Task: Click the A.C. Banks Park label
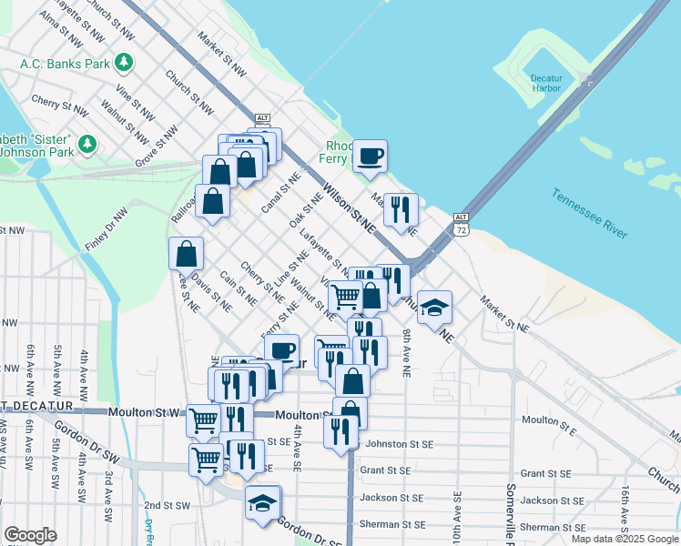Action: pos(65,64)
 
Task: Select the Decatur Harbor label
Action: pos(546,83)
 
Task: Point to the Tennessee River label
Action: pos(588,214)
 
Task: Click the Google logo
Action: pos(30,535)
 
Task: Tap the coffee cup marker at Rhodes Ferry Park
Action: pos(370,157)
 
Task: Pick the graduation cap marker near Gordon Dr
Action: pos(262,502)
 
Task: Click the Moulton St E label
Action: pos(546,420)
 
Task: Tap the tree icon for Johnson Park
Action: pos(87,144)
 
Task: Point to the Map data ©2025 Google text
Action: pos(624,539)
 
